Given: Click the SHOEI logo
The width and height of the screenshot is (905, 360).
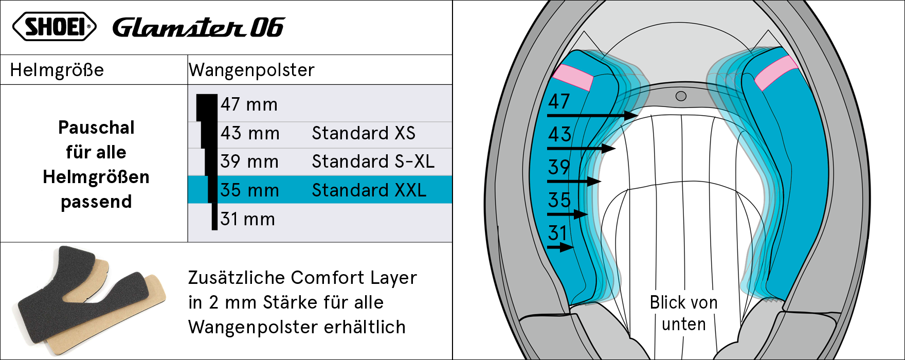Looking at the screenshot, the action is tap(54, 27).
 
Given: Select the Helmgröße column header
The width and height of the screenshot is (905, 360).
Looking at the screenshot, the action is tap(57, 70).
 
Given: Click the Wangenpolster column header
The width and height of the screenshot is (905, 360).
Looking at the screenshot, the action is tap(251, 70).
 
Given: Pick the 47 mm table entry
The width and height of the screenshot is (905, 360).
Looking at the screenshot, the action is tap(249, 104).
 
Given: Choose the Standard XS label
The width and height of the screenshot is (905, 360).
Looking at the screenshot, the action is tap(364, 133).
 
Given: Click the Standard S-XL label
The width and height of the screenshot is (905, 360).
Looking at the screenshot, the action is tap(373, 161).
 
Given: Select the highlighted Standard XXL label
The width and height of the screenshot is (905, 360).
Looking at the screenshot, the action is tap(369, 190).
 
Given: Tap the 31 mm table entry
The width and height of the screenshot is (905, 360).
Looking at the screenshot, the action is tap(248, 219).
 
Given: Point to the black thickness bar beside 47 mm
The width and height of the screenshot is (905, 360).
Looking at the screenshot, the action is tap(207, 107).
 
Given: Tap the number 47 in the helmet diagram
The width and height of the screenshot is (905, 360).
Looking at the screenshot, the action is tap(559, 101).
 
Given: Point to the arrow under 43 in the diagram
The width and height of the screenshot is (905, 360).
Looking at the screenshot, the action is tap(581, 149).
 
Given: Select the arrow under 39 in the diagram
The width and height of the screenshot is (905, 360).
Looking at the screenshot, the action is tap(574, 182).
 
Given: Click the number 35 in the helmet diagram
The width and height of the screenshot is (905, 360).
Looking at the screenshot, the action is tap(559, 200).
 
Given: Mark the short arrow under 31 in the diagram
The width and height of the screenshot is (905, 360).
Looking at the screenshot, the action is tap(560, 247).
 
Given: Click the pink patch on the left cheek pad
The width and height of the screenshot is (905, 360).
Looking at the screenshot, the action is tap(573, 78).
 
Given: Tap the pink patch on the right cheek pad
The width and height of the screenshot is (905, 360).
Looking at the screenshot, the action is tap(776, 73).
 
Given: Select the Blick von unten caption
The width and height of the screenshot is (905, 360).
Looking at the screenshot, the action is tap(684, 313).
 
